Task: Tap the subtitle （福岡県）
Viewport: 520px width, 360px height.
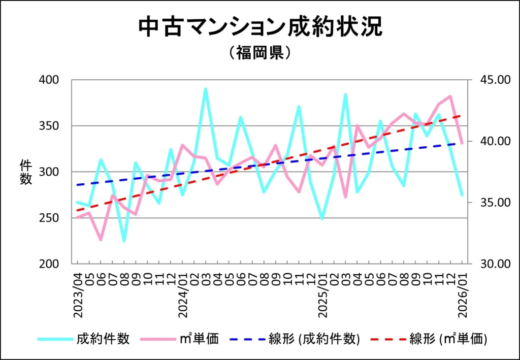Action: click(x=259, y=53)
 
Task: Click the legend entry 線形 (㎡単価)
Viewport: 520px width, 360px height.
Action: click(x=448, y=339)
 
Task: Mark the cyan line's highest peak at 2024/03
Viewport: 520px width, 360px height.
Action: click(x=205, y=89)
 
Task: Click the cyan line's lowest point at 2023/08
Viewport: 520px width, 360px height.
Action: click(x=124, y=241)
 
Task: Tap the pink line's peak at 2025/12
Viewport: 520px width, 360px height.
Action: click(x=450, y=96)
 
